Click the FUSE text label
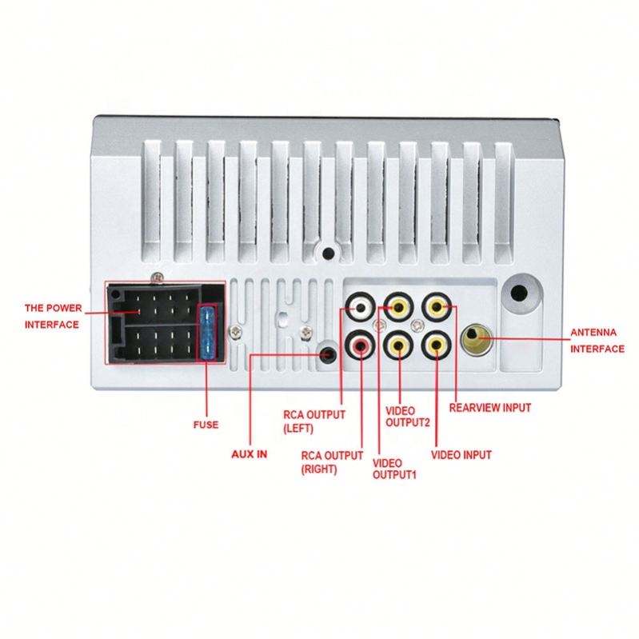coord(206,425)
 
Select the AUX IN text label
coord(250,453)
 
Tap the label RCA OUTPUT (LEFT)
coord(314,421)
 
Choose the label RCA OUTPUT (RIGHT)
coord(330,462)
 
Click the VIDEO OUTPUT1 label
coord(395,469)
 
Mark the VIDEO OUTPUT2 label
coord(409,416)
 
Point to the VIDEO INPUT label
coord(461,455)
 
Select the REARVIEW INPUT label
coord(489,407)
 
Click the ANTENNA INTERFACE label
coord(597,340)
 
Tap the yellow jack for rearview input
coord(436,306)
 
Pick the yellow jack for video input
coord(436,345)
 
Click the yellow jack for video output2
coord(397,306)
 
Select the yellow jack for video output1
coord(397,345)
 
